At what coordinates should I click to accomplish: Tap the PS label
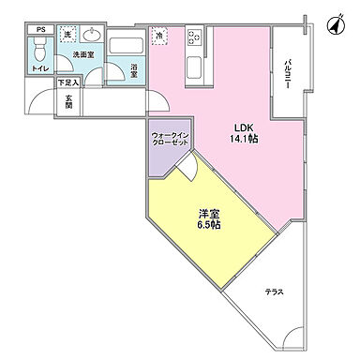(39, 30)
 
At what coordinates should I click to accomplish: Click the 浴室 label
(135, 68)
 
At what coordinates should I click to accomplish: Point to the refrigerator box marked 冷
(159, 35)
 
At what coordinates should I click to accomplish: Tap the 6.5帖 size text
(208, 226)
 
